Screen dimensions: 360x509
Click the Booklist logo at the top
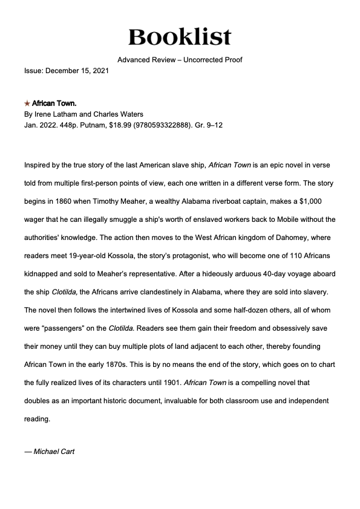(180, 36)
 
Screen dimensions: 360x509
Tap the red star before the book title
(27, 104)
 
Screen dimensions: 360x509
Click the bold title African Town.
(54, 104)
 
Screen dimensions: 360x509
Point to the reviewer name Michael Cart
(54, 452)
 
